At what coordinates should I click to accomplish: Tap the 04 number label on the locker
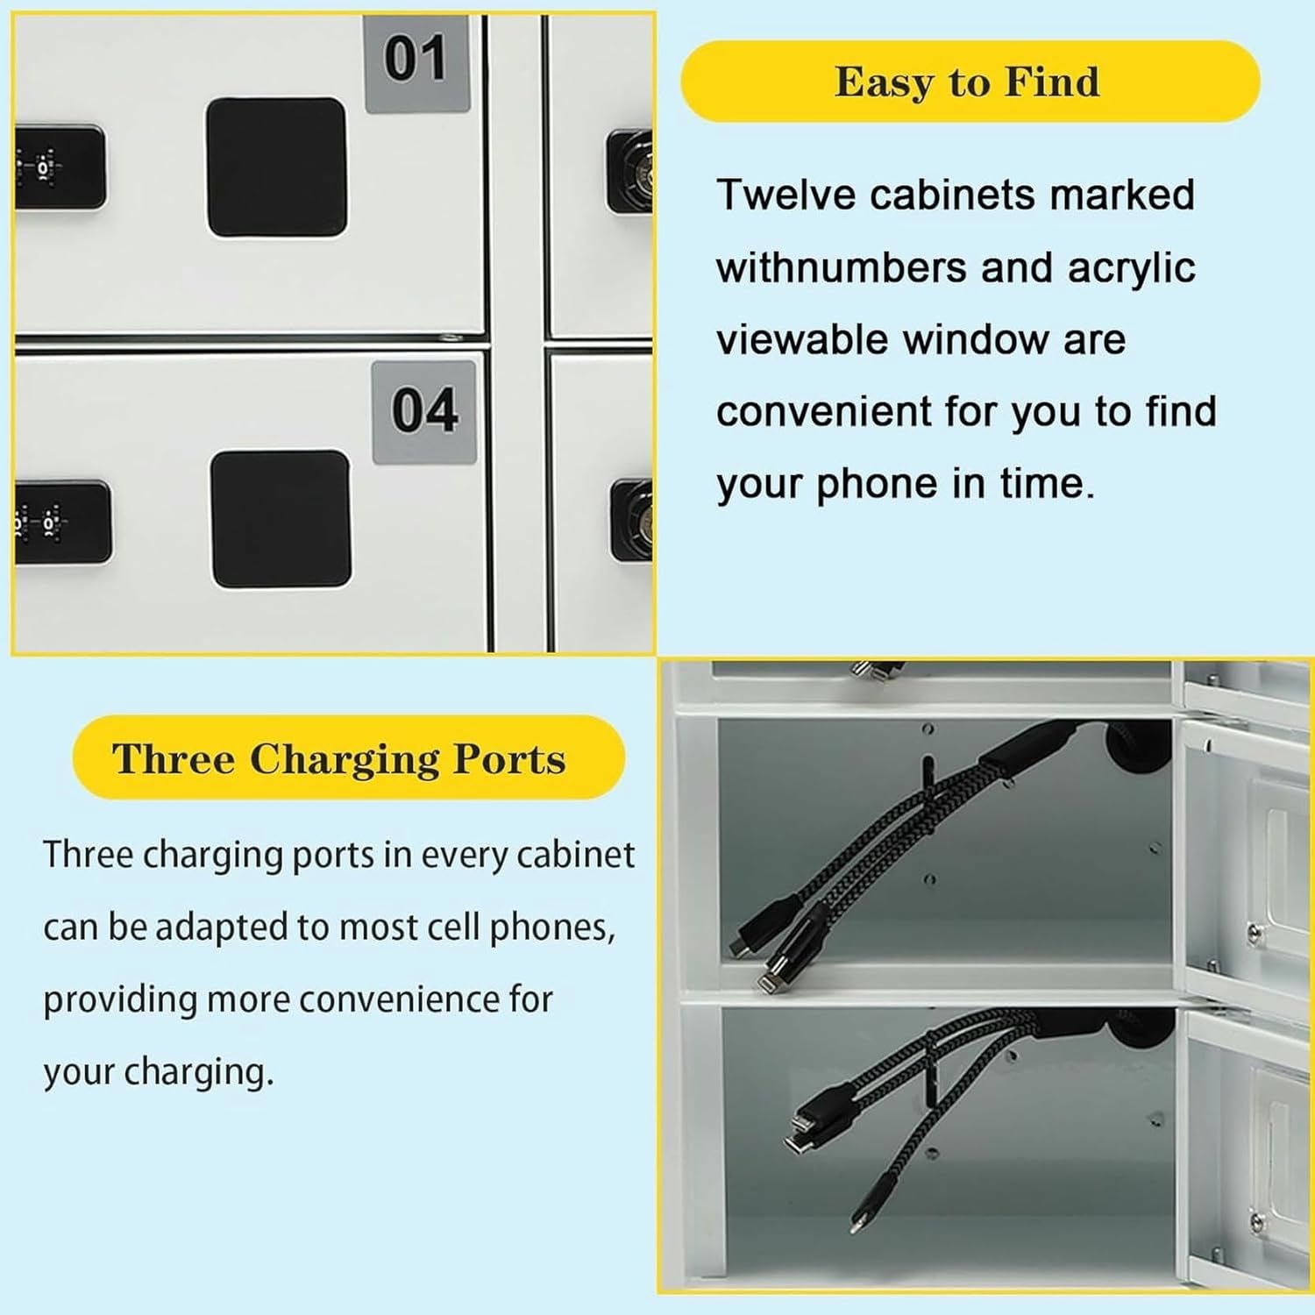[x=424, y=411]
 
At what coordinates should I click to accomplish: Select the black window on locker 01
[x=276, y=167]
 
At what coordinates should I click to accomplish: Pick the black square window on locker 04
[x=281, y=519]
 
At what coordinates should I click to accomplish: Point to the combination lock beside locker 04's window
[x=61, y=522]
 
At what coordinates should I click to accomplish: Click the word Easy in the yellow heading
[x=884, y=82]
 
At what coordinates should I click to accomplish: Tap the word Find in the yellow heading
[x=1051, y=82]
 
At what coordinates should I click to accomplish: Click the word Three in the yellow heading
[x=174, y=759]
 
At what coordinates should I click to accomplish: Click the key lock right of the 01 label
[x=631, y=171]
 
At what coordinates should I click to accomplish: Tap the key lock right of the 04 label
[x=633, y=521]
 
